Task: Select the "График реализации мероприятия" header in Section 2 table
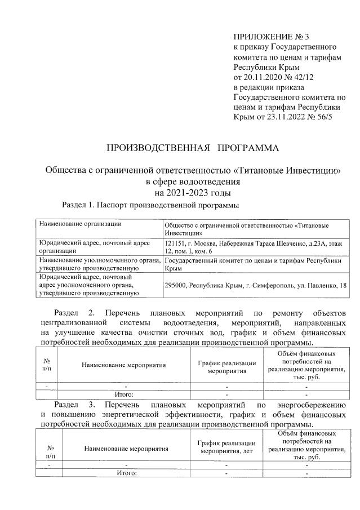click(224, 367)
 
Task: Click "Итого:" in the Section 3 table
click(127, 473)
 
